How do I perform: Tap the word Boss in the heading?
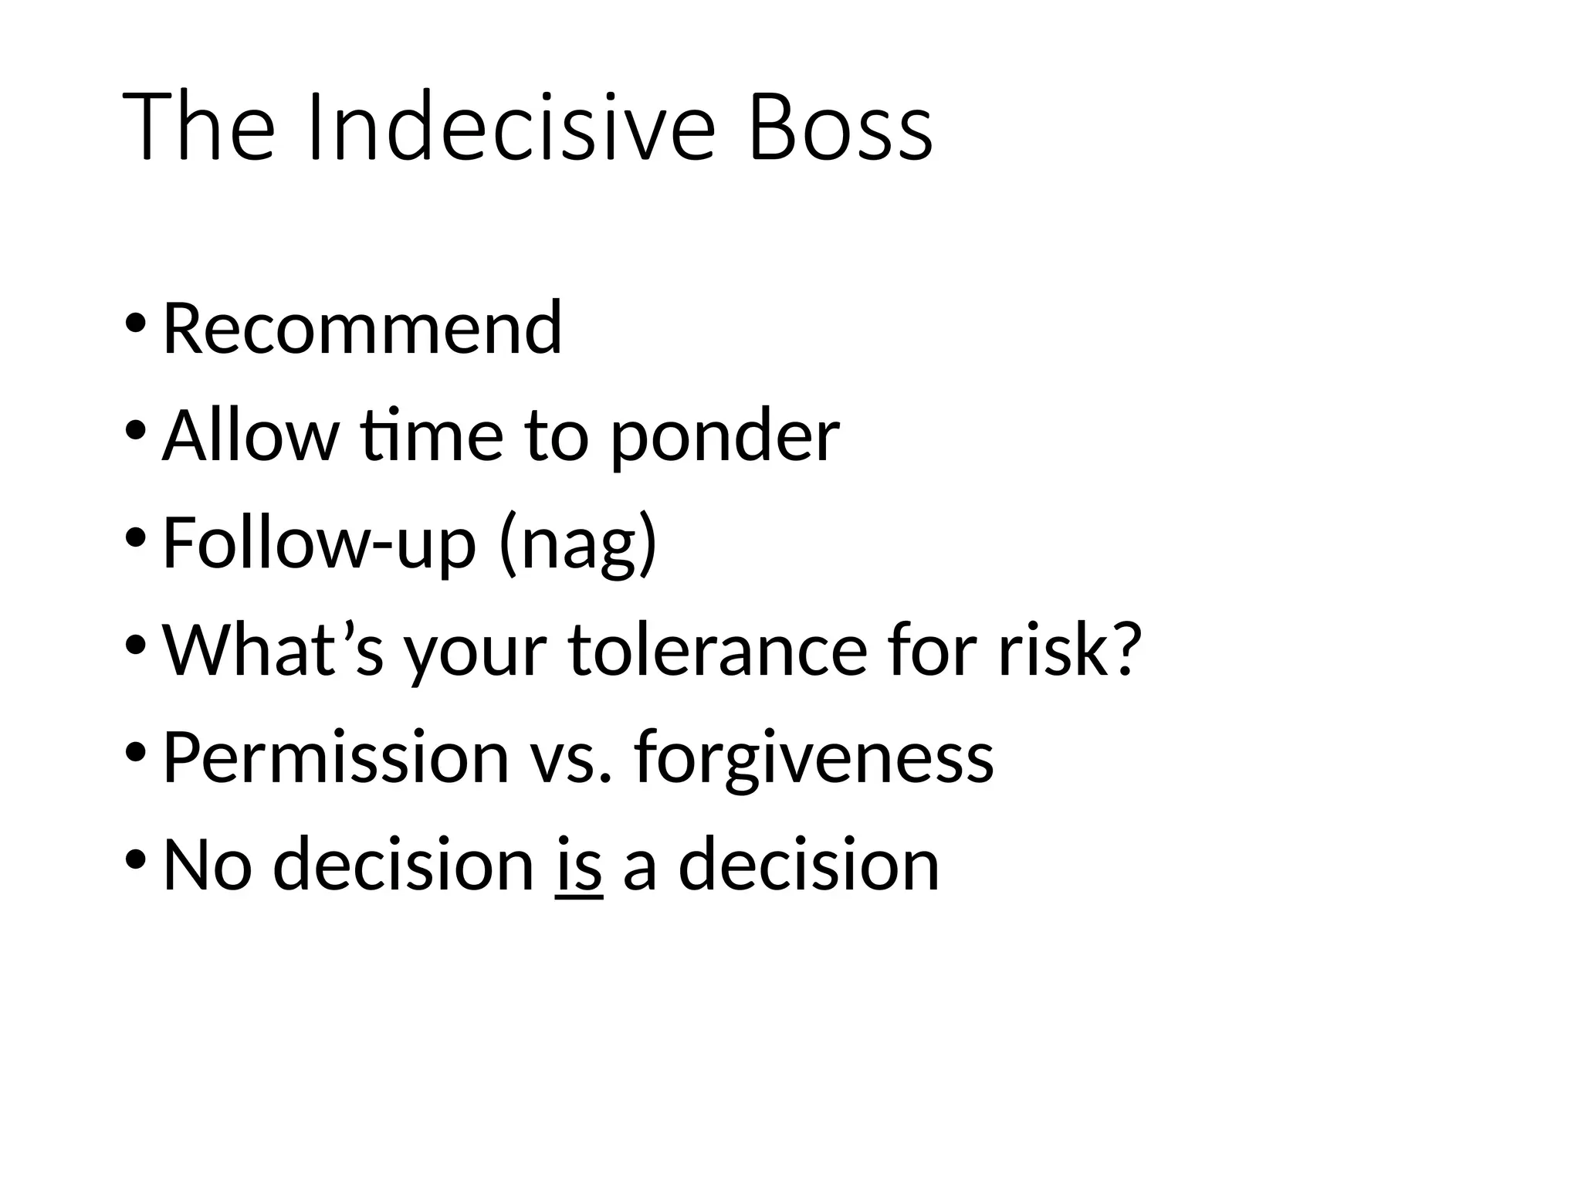coord(841,127)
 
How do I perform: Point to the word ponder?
coord(724,435)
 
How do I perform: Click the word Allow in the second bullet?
coord(251,435)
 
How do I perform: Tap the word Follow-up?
coord(320,543)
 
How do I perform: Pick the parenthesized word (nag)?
coord(578,544)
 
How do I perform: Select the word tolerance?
coord(718,650)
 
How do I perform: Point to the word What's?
coord(273,650)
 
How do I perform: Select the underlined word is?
coord(578,865)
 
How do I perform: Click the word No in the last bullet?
coord(207,865)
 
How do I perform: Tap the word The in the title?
coord(198,127)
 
